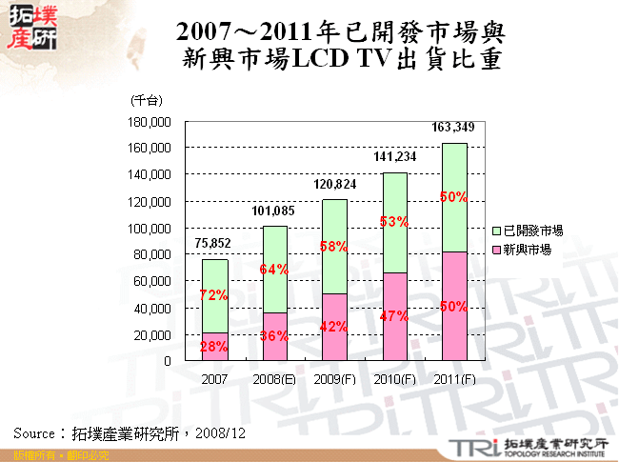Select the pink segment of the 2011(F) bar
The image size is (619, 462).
point(454,306)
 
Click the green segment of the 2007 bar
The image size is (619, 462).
point(213,295)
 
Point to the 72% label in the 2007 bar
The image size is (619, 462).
point(213,296)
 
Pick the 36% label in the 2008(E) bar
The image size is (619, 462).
point(273,335)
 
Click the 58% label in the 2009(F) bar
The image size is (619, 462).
point(334,247)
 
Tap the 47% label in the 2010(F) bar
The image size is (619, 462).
point(394,316)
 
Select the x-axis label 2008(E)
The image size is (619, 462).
point(273,378)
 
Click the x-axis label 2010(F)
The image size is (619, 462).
point(394,378)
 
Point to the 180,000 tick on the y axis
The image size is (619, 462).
point(149,122)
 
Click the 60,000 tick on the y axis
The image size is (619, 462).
point(151,282)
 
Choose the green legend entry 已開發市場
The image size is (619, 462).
point(531,231)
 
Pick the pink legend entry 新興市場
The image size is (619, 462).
point(526,249)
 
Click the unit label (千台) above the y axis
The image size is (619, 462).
point(148,100)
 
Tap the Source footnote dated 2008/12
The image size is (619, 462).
point(130,432)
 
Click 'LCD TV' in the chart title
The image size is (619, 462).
point(330,60)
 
